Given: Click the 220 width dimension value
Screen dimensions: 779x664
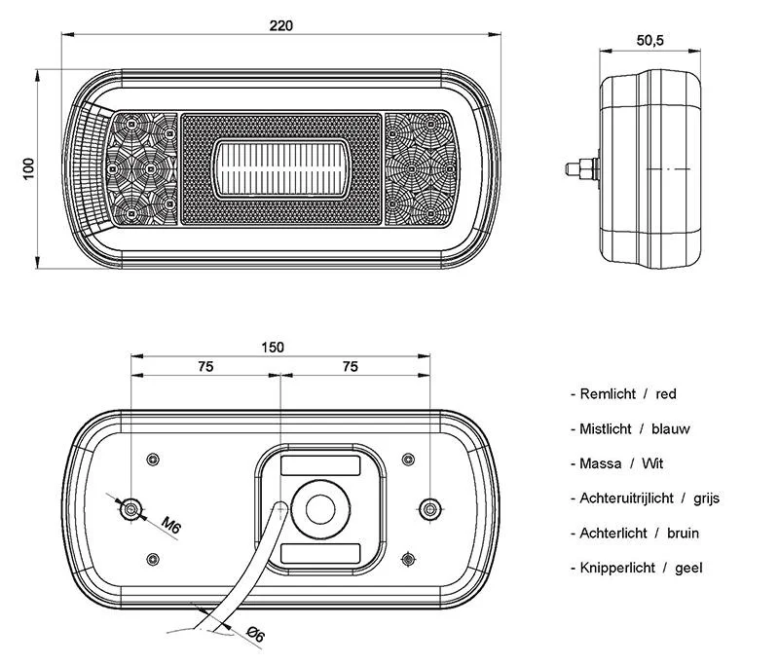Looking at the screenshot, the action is pyautogui.click(x=281, y=25).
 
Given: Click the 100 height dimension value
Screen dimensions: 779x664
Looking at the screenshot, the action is pyautogui.click(x=29, y=168).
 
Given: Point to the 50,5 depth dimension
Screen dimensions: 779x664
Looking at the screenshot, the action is pyautogui.click(x=649, y=40).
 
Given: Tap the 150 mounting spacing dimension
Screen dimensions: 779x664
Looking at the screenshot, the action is pyautogui.click(x=273, y=348).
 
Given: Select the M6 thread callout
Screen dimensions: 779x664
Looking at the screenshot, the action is pyautogui.click(x=171, y=526).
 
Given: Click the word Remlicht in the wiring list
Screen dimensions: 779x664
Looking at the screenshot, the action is pyautogui.click(x=608, y=394).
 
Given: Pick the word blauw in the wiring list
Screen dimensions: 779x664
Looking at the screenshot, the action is pyautogui.click(x=671, y=428).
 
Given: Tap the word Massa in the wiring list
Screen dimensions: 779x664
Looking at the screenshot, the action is pyautogui.click(x=601, y=463).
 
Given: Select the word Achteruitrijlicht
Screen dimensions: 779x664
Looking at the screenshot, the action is pyautogui.click(x=626, y=498).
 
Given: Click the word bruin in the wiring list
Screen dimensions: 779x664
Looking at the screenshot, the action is pyautogui.click(x=684, y=533).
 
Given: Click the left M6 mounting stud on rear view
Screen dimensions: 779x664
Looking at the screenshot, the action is pyautogui.click(x=131, y=509).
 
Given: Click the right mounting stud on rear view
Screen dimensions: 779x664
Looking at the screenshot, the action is pyautogui.click(x=429, y=509).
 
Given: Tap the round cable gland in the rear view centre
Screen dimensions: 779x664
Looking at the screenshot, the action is pyautogui.click(x=320, y=509).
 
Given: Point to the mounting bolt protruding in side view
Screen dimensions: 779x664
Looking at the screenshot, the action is pyautogui.click(x=582, y=168).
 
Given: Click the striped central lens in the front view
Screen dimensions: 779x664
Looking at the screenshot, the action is pyautogui.click(x=281, y=168).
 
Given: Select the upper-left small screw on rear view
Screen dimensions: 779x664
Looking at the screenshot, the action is pyautogui.click(x=153, y=460).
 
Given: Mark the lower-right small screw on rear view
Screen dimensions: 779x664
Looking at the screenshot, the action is pyautogui.click(x=408, y=559).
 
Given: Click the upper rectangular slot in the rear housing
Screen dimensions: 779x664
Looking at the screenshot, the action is pyautogui.click(x=320, y=465).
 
